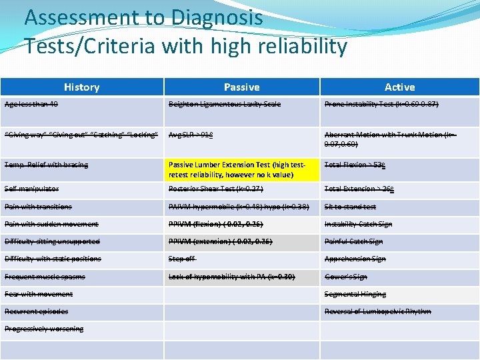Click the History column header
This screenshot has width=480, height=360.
(x=81, y=87)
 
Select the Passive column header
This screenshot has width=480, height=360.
(x=241, y=87)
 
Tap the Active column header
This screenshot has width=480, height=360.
(x=399, y=87)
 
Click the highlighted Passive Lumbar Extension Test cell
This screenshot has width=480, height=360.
(x=242, y=169)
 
